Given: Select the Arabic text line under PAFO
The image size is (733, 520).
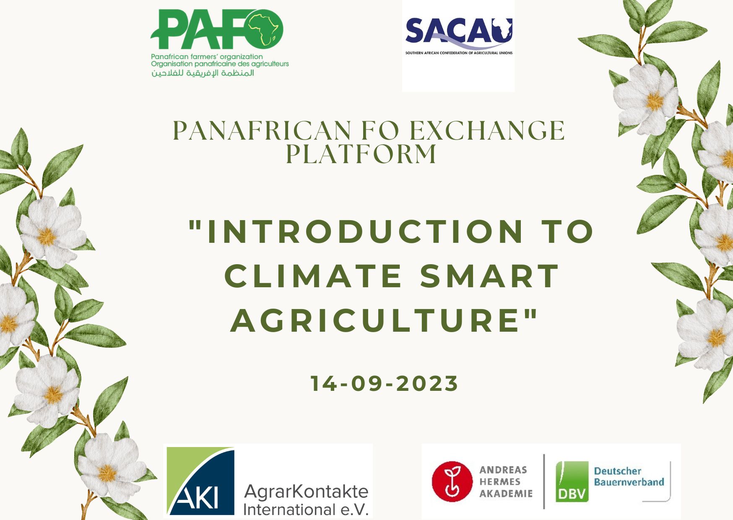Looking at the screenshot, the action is [x=203, y=73].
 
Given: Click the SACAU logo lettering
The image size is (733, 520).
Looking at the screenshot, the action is [x=459, y=31].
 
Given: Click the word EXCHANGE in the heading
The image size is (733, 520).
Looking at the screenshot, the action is [x=487, y=130].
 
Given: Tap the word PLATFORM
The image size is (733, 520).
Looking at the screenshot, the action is [x=361, y=153].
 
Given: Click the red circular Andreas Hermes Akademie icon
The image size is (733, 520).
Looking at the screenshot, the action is [x=452, y=482].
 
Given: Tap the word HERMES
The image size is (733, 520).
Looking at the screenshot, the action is [x=500, y=482].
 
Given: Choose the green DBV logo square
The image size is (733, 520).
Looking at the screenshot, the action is [x=572, y=482].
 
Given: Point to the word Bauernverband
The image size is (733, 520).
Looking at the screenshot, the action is [x=629, y=482].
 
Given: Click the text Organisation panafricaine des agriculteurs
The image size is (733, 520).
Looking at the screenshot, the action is [x=220, y=64].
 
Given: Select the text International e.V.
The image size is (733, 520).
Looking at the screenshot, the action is [x=306, y=510].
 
